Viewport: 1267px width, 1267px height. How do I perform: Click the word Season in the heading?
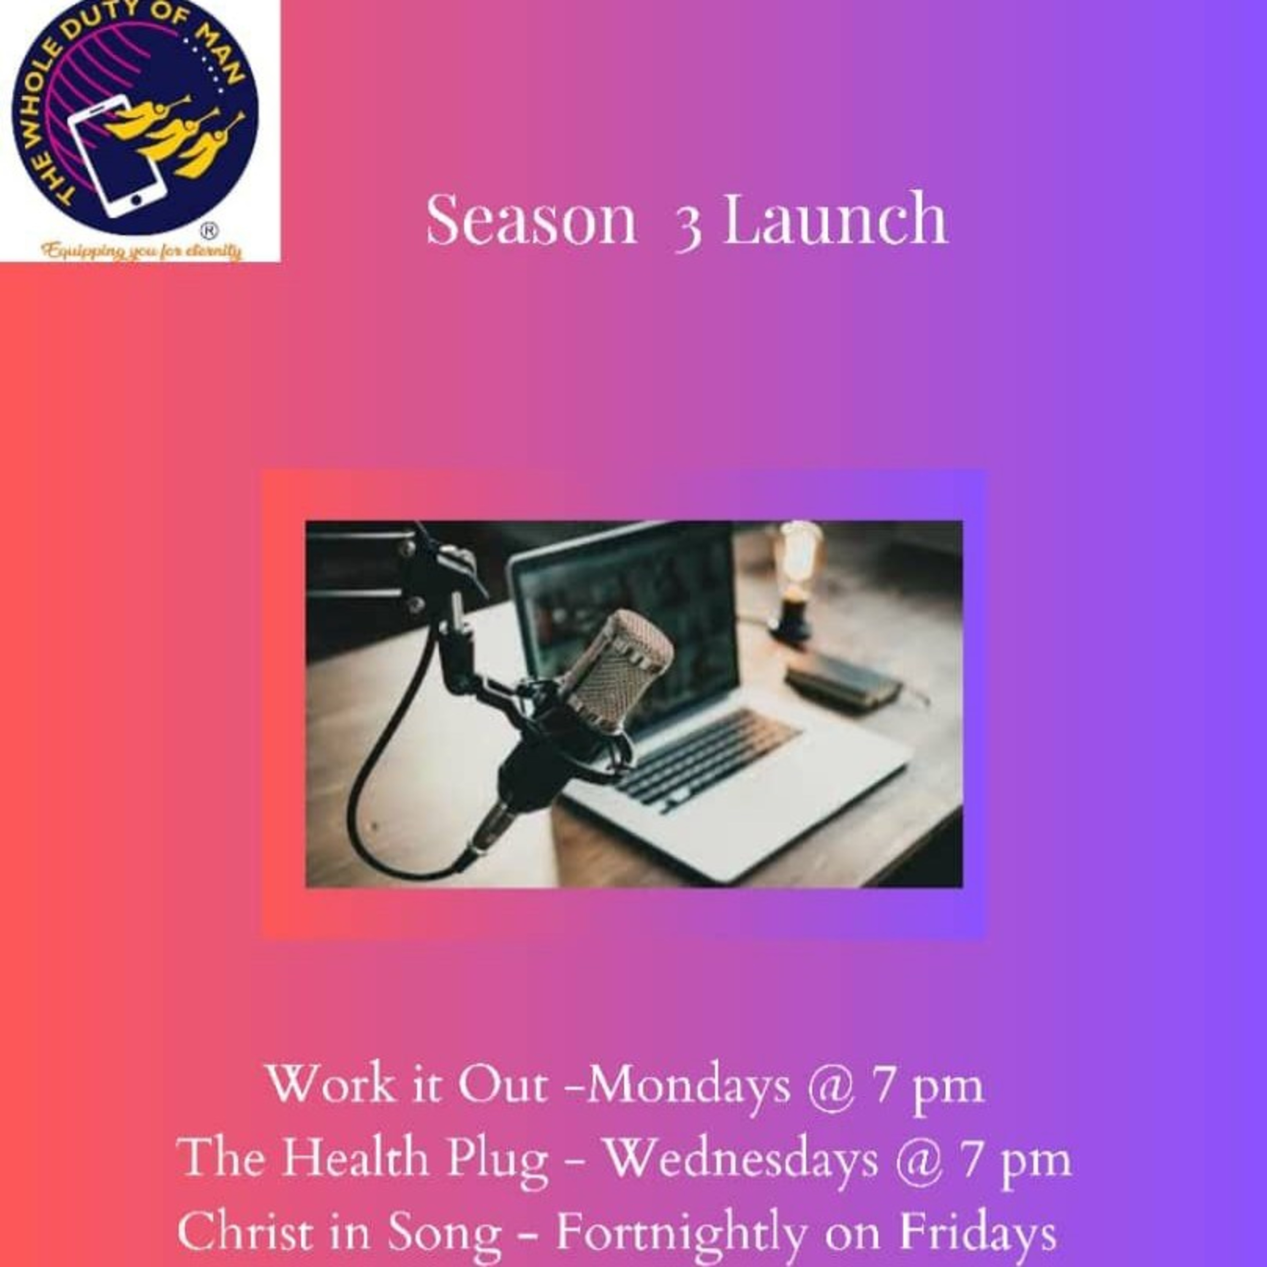click(532, 219)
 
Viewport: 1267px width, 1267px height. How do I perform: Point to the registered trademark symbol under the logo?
click(209, 231)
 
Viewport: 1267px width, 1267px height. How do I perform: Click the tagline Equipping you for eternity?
click(141, 251)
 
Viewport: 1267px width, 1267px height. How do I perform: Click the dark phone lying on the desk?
click(843, 682)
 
